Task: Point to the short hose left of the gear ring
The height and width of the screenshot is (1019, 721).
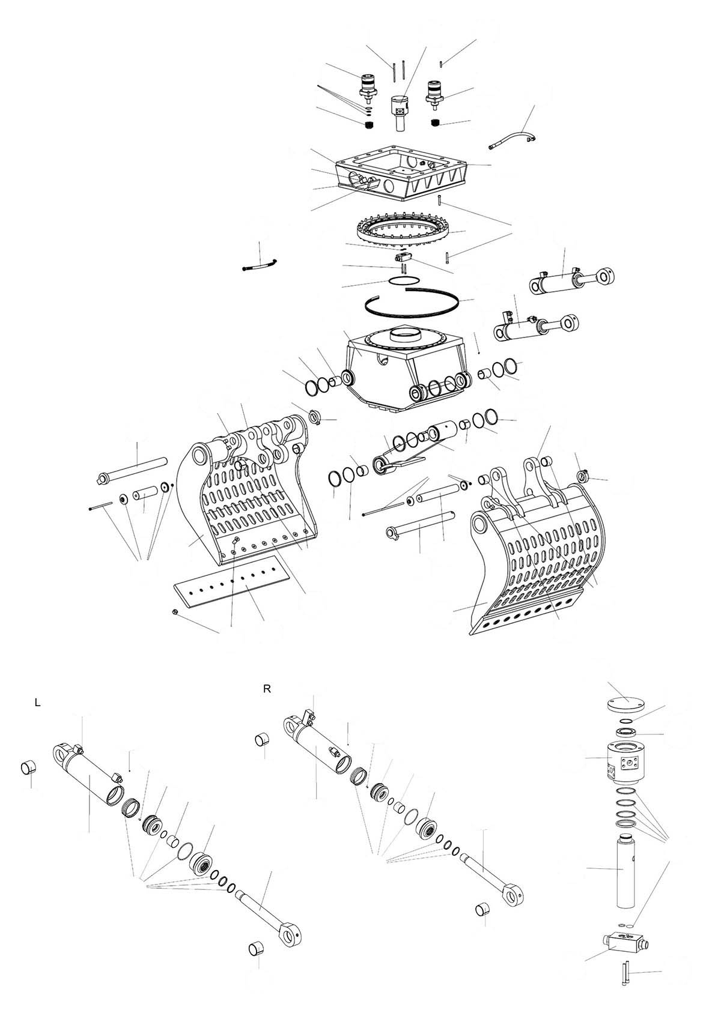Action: [x=260, y=265]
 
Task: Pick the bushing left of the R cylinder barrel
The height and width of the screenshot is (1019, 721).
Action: [x=262, y=737]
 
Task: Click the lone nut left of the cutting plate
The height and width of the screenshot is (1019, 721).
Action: [x=175, y=611]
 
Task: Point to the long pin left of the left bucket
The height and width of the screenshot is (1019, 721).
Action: [x=133, y=471]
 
